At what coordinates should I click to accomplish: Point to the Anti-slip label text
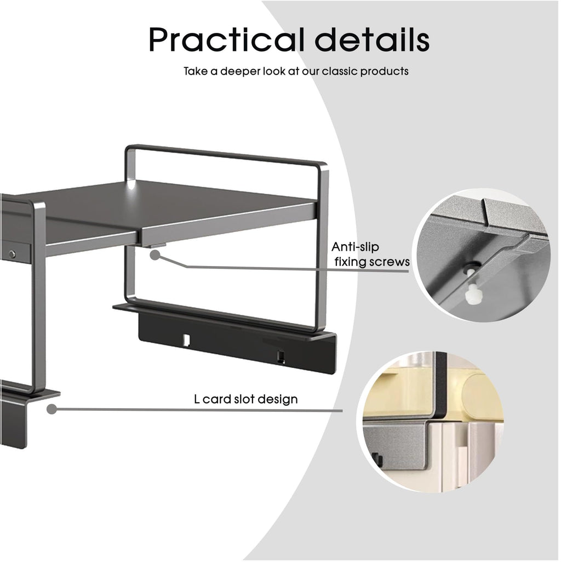(355, 247)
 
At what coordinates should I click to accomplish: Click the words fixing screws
(372, 262)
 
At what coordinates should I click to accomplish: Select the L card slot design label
(246, 399)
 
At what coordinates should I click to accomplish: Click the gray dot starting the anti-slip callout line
(156, 255)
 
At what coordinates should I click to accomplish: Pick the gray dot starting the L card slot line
(51, 409)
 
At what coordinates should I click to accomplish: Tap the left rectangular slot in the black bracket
(186, 340)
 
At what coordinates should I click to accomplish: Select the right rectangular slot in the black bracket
(280, 356)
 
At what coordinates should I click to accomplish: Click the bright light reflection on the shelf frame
(133, 187)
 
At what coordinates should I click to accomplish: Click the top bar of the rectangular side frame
(226, 154)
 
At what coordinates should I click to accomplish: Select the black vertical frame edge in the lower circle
(440, 386)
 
